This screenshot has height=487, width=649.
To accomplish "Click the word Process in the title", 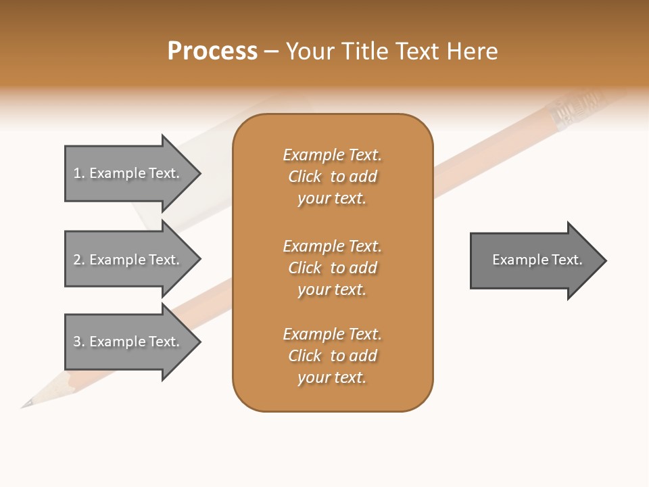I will click(x=212, y=51).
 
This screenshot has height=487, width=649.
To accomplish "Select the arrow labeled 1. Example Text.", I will click(x=126, y=173).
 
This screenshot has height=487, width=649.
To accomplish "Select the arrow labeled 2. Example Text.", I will click(x=126, y=260).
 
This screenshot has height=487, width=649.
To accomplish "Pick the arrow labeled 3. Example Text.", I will click(x=126, y=342).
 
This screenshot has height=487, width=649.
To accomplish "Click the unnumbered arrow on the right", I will click(x=534, y=260).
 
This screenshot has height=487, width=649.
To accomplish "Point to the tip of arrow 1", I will click(x=199, y=173).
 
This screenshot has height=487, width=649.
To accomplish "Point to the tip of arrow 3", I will click(x=199, y=342).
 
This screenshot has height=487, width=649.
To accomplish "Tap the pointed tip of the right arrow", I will click(x=605, y=260).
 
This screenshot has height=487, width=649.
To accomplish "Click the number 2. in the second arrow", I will click(x=78, y=260).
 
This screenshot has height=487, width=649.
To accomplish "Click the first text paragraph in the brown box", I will click(x=332, y=177).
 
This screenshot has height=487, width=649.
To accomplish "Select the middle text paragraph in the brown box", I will click(x=332, y=268).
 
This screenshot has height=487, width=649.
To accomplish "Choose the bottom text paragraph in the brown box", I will click(x=332, y=356).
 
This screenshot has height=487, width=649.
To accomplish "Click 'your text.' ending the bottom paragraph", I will click(x=332, y=377).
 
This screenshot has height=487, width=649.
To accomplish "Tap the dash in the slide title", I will click(x=271, y=51).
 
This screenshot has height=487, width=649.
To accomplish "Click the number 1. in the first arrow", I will click(x=78, y=173).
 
